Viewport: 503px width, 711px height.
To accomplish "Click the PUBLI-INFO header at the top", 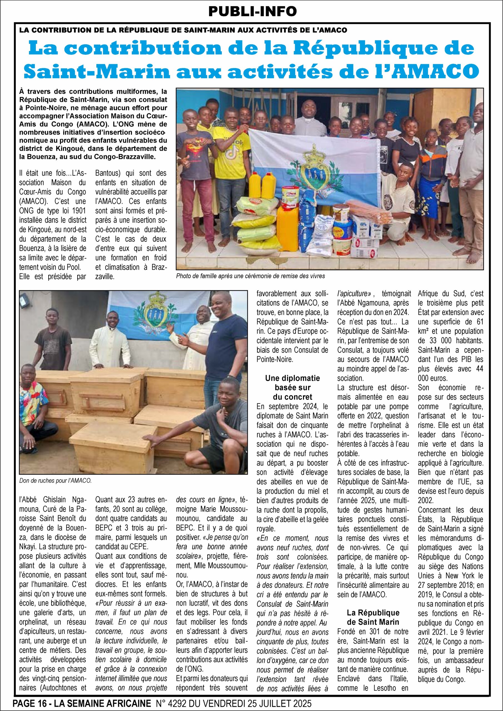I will [x=253, y=11].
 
